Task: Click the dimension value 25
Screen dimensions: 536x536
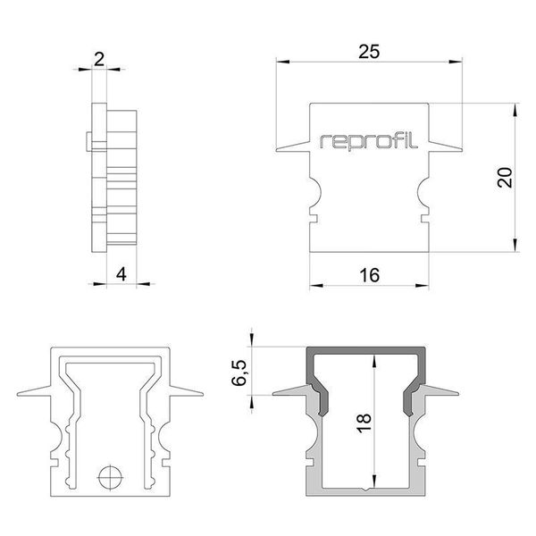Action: (x=369, y=52)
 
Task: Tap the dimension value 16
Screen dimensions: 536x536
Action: (x=369, y=276)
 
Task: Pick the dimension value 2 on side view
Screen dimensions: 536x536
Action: (x=99, y=60)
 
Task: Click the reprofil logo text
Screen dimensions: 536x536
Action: (x=369, y=139)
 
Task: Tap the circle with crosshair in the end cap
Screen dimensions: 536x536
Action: (x=109, y=477)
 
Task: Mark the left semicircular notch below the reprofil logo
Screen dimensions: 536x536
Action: (x=314, y=190)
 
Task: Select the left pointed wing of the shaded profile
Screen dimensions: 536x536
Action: (x=290, y=393)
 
